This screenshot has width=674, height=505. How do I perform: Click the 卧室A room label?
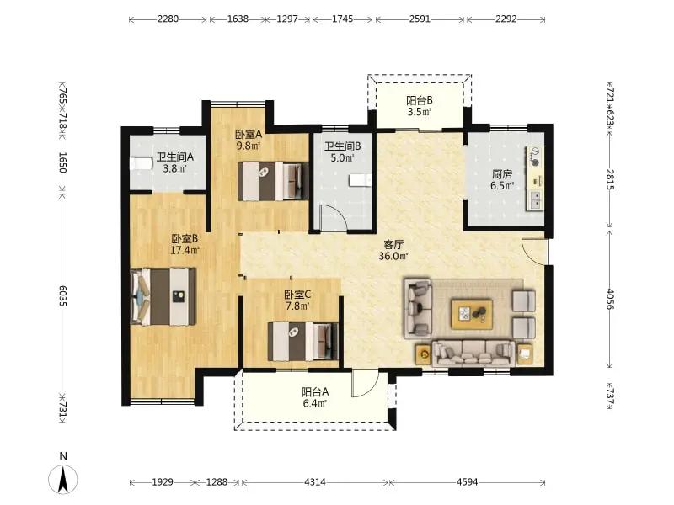point(249,135)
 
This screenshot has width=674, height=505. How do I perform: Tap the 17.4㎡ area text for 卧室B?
point(185,250)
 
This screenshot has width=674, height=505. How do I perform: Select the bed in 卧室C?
point(303,342)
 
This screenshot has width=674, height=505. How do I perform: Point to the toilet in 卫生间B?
point(361,180)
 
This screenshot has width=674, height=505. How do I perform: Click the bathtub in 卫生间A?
point(142,163)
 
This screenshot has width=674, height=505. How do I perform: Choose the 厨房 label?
point(502,174)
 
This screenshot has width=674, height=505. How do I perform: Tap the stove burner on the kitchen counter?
point(535,157)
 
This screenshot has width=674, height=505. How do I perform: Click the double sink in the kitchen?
point(536,199)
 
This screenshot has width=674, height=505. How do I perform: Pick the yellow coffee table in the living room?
point(472,315)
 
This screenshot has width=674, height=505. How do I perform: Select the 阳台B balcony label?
point(420,100)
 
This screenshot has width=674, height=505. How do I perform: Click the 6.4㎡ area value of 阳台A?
point(315,403)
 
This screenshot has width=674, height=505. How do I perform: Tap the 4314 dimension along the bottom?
point(315,482)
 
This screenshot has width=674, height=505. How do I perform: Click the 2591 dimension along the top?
point(420,19)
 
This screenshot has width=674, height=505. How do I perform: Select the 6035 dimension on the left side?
point(62,296)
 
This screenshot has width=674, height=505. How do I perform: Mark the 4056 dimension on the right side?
point(610,300)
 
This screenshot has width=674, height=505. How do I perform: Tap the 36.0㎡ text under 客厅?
point(393,257)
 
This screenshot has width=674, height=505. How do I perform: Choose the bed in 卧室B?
point(163,297)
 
